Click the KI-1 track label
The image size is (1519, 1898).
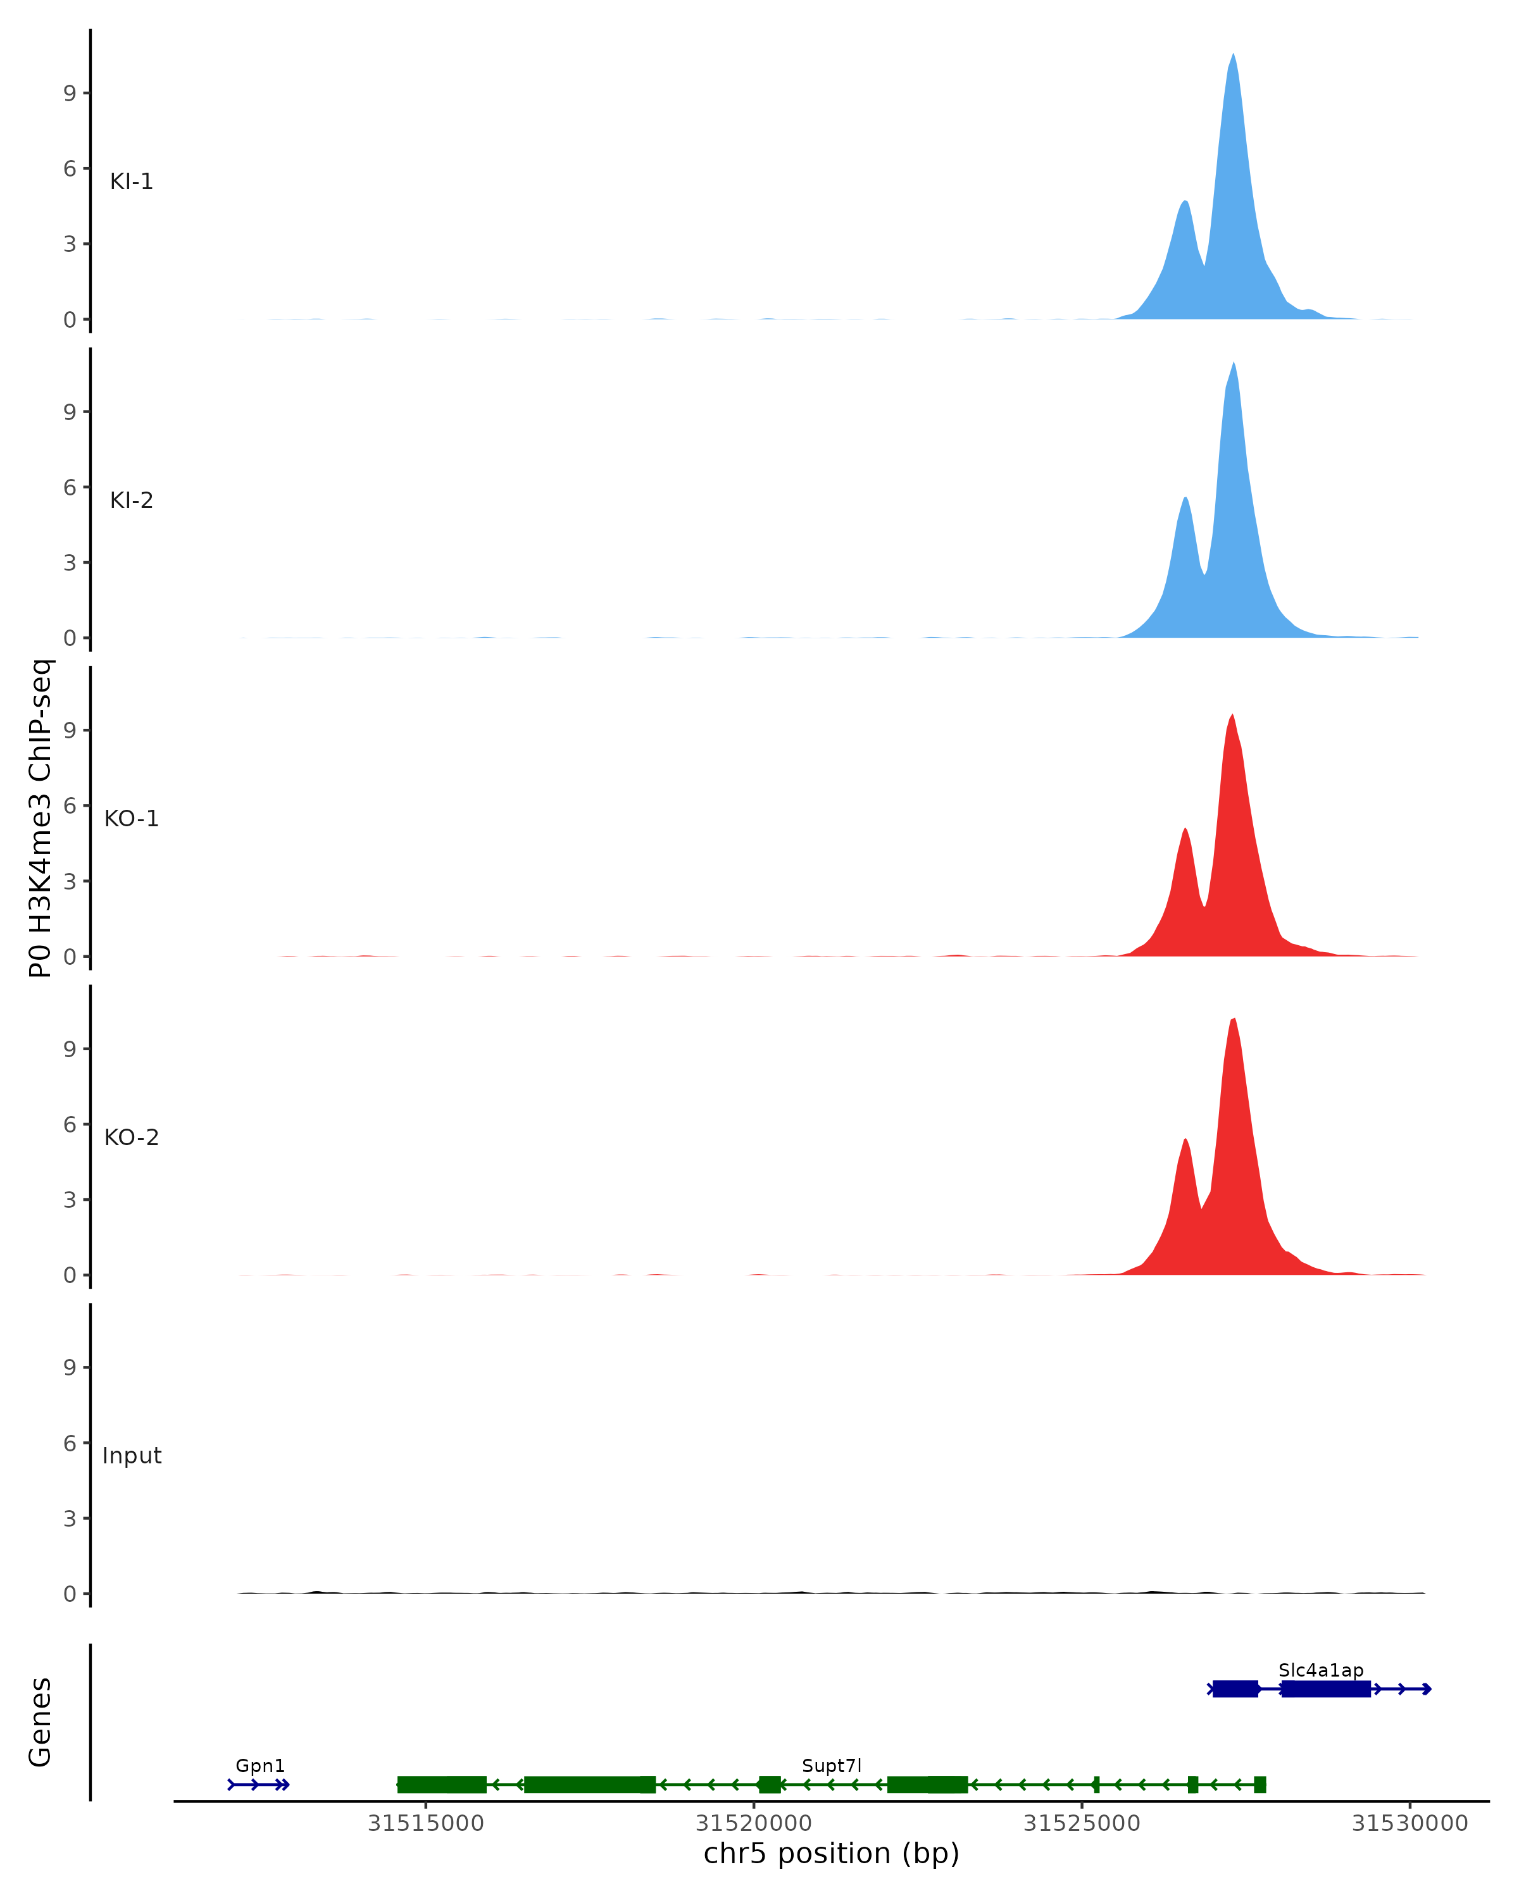[x=131, y=182]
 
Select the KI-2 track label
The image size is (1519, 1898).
[x=131, y=500]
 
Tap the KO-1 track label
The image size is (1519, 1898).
[x=131, y=819]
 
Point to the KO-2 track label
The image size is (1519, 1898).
[x=131, y=1138]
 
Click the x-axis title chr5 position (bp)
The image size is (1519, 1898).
[x=831, y=1854]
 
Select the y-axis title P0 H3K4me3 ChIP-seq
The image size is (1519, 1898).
[x=41, y=818]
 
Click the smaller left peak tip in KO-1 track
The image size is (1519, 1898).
[x=1185, y=829]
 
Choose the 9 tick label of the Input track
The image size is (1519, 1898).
[x=70, y=1367]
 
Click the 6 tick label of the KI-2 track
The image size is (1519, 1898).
[x=70, y=487]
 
